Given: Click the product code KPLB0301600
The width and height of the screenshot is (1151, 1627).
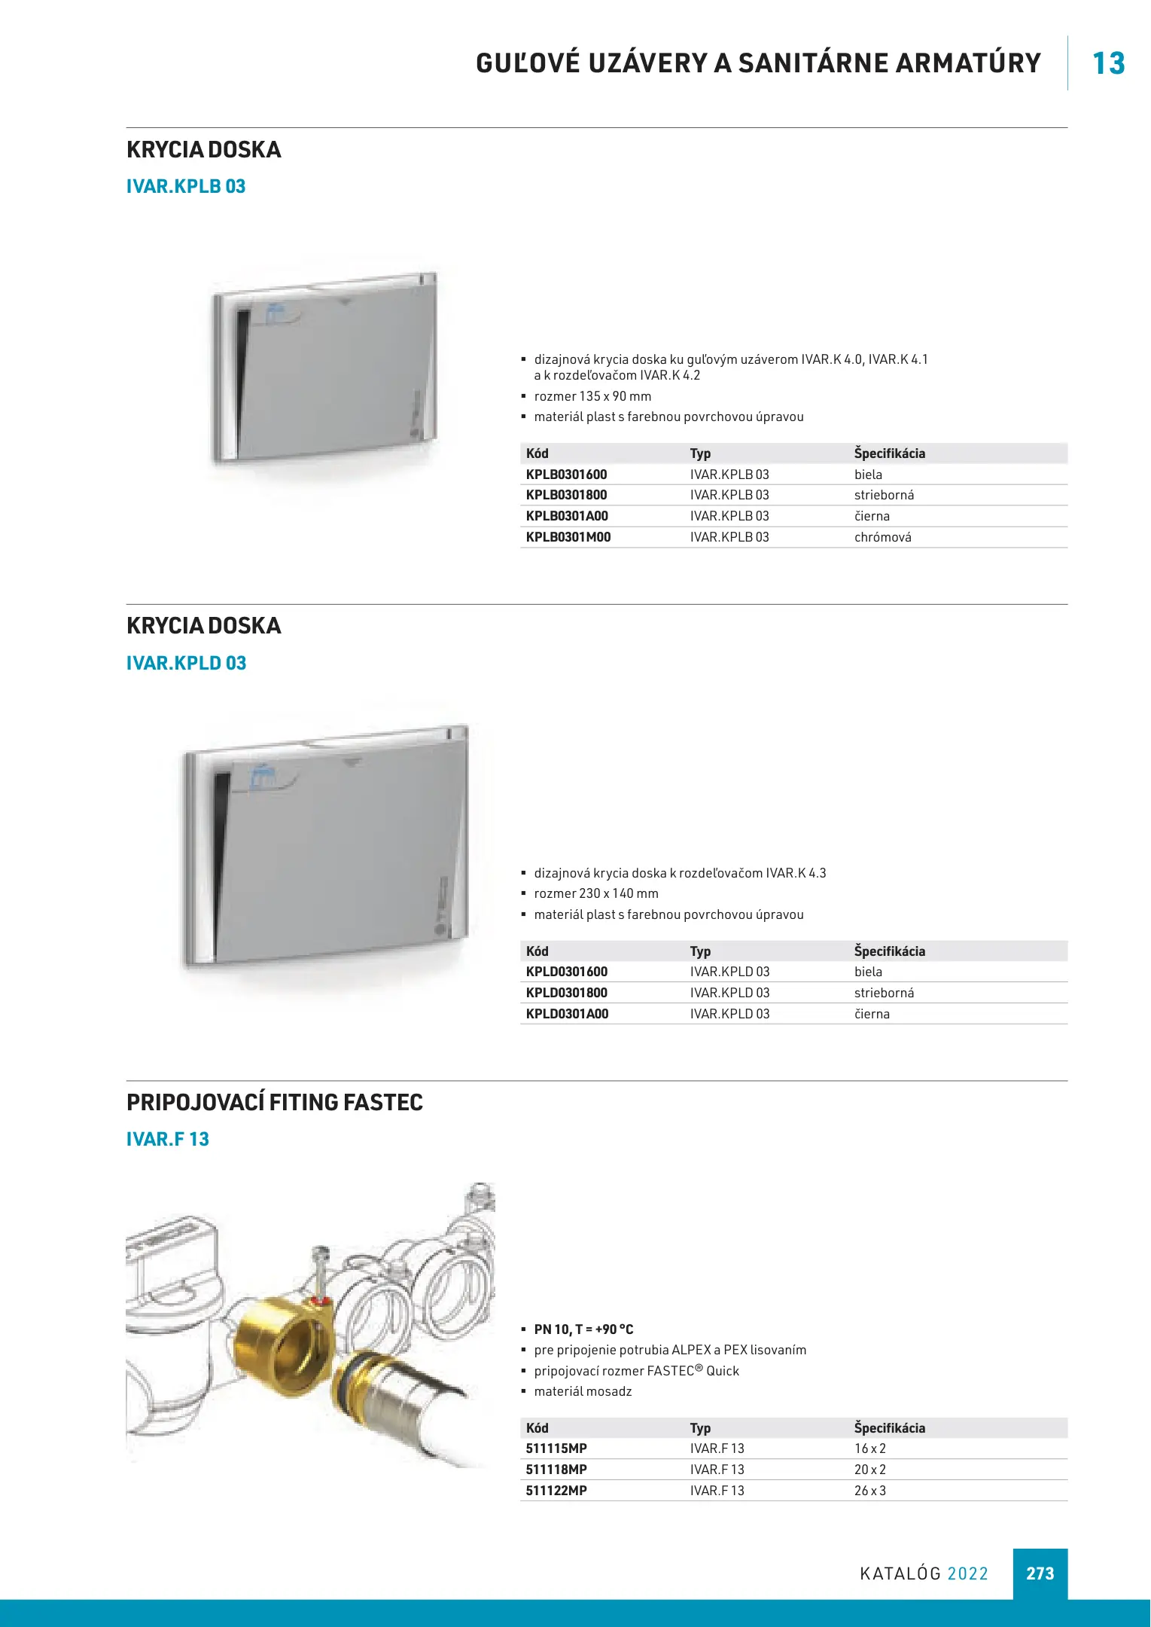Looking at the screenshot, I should (566, 475).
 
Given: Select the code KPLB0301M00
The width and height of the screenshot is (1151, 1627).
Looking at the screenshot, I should (568, 537).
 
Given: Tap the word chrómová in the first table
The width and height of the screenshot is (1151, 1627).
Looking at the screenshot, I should (882, 537).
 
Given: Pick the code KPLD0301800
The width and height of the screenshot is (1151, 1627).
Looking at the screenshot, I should (566, 993).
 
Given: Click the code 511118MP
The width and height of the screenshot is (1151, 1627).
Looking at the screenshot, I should (556, 1470).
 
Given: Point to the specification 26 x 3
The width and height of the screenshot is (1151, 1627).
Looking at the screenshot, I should (869, 1491).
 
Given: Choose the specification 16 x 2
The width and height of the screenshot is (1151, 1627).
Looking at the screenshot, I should (869, 1448).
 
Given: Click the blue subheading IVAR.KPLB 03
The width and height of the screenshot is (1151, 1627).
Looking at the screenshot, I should (186, 187).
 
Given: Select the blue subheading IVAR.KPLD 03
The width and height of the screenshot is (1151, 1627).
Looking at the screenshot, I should (186, 664).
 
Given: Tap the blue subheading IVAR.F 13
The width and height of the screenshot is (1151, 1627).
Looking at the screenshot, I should (167, 1140).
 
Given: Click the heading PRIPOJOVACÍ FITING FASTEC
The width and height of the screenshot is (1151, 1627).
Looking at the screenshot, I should (274, 1103).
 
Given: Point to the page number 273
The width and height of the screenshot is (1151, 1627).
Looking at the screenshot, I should (1040, 1574).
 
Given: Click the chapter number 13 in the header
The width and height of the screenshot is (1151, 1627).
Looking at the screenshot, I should (1108, 63).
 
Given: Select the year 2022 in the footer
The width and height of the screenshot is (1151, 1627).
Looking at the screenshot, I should (967, 1574).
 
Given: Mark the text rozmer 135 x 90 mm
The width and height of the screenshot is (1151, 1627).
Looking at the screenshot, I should (592, 396).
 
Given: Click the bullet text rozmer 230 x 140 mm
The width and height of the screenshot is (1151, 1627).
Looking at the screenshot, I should (595, 893).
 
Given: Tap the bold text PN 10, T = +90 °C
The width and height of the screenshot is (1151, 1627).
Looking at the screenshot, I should (583, 1329).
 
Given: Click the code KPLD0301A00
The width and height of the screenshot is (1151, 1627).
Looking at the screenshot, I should (567, 1014).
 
